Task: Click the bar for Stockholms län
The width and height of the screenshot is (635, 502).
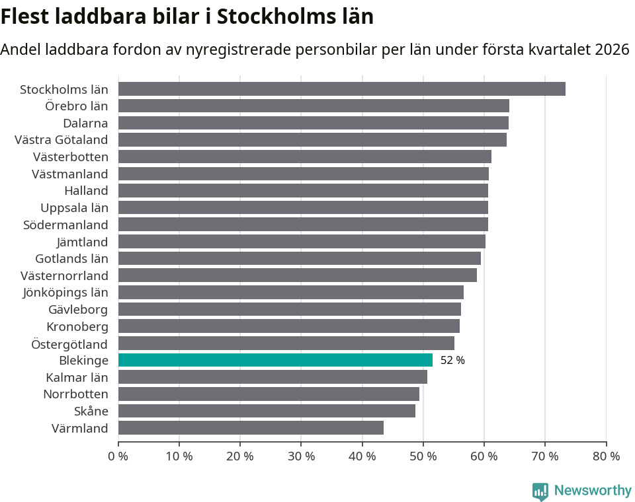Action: (341, 89)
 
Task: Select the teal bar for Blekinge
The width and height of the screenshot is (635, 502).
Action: (275, 360)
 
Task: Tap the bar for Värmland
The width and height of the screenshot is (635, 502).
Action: (251, 428)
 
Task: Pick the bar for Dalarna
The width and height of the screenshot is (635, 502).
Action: (313, 123)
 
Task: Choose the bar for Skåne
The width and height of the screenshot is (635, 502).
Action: (267, 411)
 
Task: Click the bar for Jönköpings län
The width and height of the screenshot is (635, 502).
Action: (290, 292)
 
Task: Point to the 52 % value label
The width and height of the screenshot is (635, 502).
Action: (452, 361)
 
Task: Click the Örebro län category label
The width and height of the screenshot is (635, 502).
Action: (76, 106)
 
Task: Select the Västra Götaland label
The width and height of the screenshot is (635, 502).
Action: (61, 139)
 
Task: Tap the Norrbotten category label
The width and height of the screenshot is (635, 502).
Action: (75, 394)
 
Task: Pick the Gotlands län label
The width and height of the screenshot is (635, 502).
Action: (71, 258)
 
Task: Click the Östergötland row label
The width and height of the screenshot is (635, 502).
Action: (69, 343)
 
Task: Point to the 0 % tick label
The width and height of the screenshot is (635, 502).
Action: (118, 456)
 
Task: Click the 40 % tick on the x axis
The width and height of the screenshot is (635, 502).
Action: (362, 456)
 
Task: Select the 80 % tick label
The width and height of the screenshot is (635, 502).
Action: (606, 456)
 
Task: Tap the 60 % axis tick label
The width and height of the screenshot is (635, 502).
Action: (484, 456)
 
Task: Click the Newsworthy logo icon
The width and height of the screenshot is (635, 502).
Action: (540, 491)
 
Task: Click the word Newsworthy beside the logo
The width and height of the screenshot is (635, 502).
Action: (593, 490)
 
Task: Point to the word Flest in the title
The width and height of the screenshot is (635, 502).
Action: (25, 17)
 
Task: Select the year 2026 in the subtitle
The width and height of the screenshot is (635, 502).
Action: (612, 50)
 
